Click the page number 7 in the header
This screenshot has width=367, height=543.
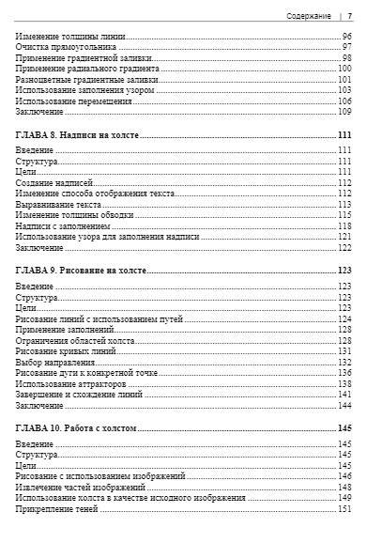click(349, 16)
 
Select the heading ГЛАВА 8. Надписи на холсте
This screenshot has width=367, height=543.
click(78, 136)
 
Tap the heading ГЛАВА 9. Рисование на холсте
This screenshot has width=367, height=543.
click(83, 271)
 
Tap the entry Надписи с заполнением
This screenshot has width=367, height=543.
click(69, 226)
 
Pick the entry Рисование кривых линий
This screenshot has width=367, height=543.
click(67, 349)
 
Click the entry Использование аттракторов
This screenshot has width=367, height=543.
click(75, 383)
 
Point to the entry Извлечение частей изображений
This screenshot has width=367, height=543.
click(81, 488)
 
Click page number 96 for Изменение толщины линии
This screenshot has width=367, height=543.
click(346, 36)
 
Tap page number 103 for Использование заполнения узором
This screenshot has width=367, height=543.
click(344, 90)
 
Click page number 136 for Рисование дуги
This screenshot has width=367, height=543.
click(344, 372)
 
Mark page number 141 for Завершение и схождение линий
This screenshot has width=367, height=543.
click(344, 395)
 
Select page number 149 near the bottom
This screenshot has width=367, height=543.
click(344, 498)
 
